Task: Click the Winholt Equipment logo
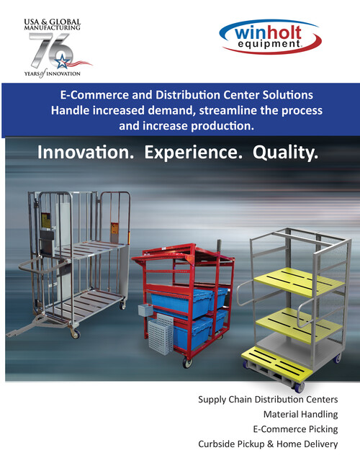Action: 270,37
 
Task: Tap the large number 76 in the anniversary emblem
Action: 51,50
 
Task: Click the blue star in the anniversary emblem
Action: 63,61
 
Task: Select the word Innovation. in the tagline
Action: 86,153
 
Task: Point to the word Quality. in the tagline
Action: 286,153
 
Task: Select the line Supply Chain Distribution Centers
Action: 268,400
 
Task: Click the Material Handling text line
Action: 301,414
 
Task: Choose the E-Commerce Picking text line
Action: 295,429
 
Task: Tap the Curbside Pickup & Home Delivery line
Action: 268,444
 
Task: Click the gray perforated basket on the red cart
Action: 161,334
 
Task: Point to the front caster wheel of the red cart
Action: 187,362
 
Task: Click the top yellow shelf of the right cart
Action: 299,282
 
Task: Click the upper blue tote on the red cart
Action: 181,302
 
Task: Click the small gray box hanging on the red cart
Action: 145,310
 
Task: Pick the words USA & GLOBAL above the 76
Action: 53,22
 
